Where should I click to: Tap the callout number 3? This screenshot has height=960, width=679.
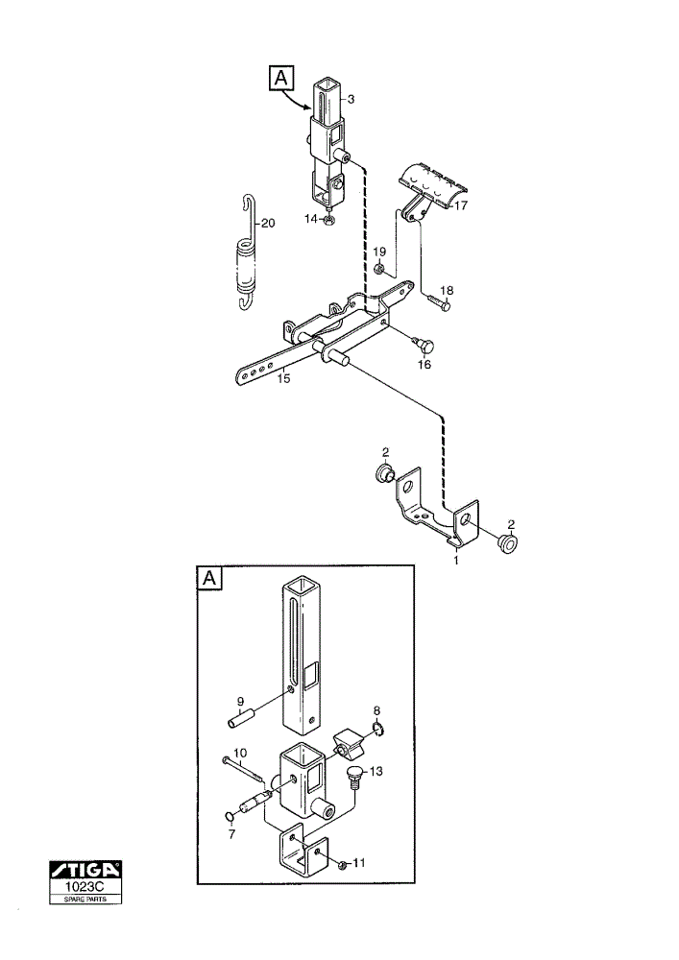[351, 99]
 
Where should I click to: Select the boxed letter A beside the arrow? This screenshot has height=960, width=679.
[281, 79]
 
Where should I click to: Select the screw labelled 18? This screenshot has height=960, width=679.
[438, 301]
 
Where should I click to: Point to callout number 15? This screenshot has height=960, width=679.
[283, 378]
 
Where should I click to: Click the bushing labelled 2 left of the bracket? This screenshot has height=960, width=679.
[385, 473]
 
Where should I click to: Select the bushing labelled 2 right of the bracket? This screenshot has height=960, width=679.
[506, 543]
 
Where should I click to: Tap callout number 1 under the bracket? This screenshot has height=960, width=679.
[455, 561]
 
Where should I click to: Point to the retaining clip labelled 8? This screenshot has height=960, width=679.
[378, 729]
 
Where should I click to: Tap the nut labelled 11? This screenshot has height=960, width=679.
[343, 865]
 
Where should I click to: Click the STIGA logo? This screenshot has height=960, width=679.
[85, 870]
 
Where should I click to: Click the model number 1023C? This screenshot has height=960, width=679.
[85, 886]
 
